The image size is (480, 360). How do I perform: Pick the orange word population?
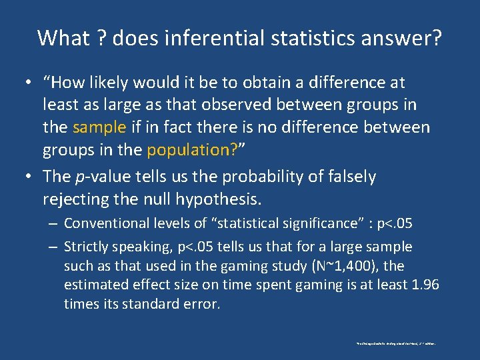point(187,149)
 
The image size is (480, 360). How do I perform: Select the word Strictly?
point(87,247)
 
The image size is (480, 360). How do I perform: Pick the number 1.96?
point(425,285)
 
